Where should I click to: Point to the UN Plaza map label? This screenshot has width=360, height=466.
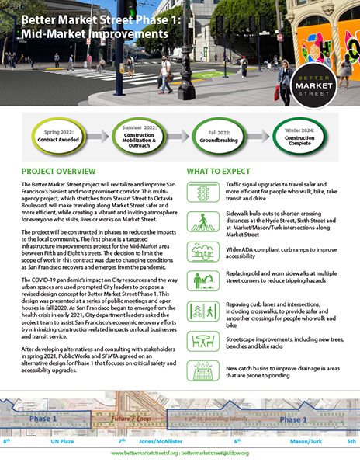[61, 440]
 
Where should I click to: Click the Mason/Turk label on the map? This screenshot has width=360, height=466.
[303, 440]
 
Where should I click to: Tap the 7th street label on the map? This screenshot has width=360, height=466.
[121, 440]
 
